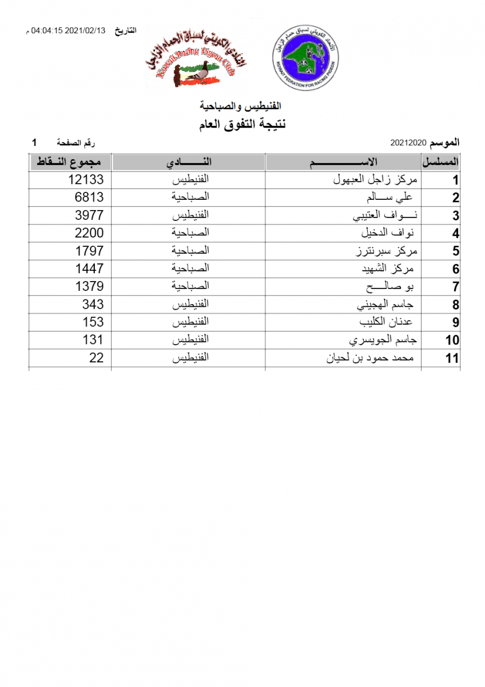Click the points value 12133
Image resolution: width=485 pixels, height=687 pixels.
pyautogui.click(x=86, y=180)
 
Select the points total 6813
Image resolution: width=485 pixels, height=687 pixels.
pyautogui.click(x=89, y=198)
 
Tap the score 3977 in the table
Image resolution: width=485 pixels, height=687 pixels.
pyautogui.click(x=89, y=215)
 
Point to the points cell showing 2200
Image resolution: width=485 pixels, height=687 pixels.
pyautogui.click(x=89, y=233)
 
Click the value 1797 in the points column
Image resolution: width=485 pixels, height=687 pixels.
pyautogui.click(x=89, y=251)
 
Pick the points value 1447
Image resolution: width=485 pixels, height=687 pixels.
pyautogui.click(x=89, y=269)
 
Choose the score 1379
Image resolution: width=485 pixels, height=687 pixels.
pyautogui.click(x=89, y=286)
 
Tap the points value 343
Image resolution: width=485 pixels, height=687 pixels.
pyautogui.click(x=93, y=304)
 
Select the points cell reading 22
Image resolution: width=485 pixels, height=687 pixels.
pyautogui.click(x=97, y=358)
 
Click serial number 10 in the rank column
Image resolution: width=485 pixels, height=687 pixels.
pyautogui.click(x=452, y=341)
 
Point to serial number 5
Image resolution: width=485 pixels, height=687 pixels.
pyautogui.click(x=456, y=251)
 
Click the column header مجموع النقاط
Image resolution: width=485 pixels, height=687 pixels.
pyautogui.click(x=70, y=162)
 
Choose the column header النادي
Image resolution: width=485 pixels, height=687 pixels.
pyautogui.click(x=188, y=162)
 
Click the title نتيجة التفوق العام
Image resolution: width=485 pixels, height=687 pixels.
pyautogui.click(x=243, y=125)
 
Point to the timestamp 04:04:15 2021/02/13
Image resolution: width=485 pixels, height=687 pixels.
pyautogui.click(x=67, y=31)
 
